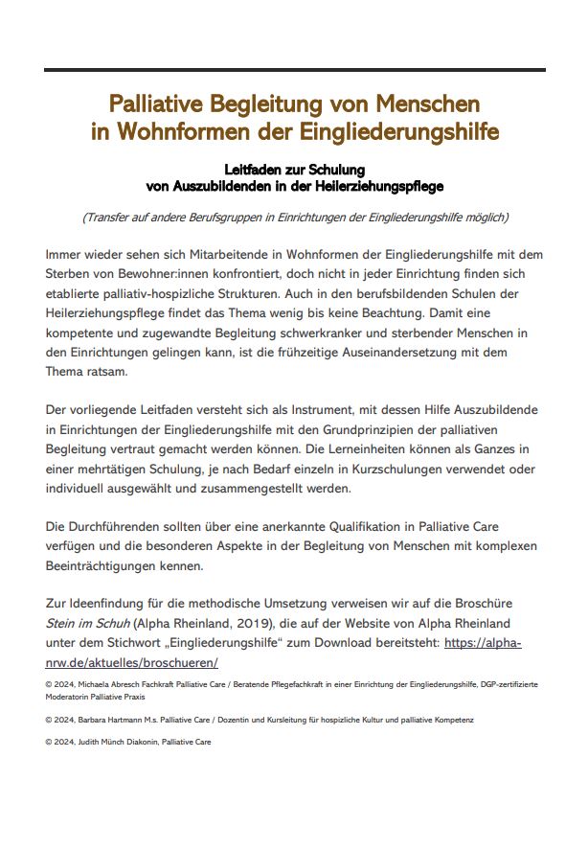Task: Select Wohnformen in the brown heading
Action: (182, 131)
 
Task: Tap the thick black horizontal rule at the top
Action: (294, 70)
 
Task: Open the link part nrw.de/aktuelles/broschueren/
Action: (132, 662)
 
